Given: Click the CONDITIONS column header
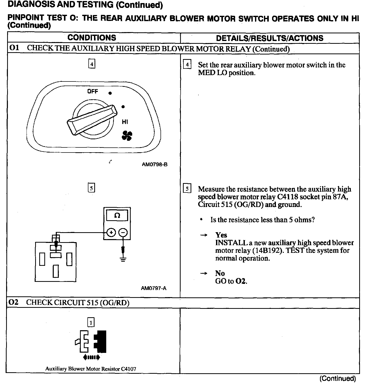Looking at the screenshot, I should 92,38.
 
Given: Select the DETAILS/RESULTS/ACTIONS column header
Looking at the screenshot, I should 270,38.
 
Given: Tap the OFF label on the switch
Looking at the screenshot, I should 92,91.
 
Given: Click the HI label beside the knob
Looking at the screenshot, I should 125,122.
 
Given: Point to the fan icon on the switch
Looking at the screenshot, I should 127,135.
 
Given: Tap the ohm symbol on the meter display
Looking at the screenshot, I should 117,215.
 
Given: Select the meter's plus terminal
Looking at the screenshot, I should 111,232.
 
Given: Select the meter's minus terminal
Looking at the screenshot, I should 123,232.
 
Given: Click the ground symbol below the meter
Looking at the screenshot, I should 123,260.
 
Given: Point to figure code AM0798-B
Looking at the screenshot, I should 155,164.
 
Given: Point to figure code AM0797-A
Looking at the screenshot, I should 154,288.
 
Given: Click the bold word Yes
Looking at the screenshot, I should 221,235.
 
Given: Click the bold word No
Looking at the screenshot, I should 220,273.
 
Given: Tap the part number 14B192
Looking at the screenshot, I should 268,251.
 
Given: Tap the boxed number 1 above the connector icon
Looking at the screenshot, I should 91,323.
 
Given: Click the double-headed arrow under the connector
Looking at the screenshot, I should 91,357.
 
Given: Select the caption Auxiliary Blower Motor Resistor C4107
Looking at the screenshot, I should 91,369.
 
